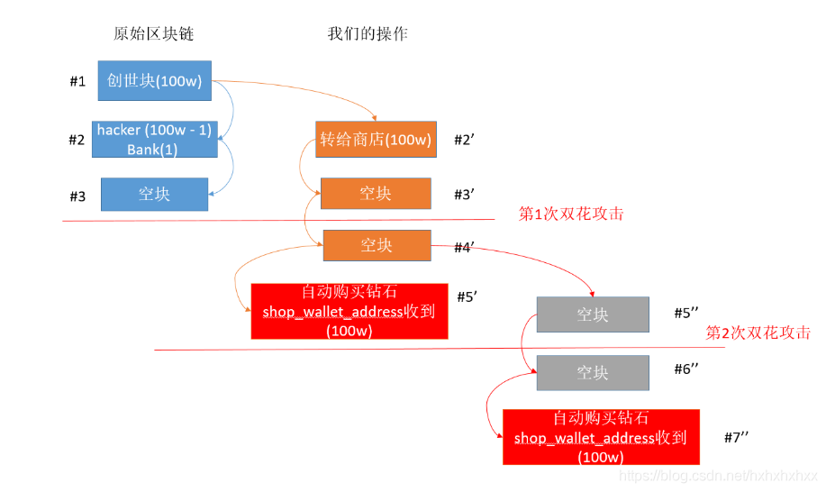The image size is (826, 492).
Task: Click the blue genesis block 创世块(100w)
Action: click(154, 81)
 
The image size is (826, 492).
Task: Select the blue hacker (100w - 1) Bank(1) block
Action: click(154, 140)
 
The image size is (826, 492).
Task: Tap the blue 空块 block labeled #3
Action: click(154, 194)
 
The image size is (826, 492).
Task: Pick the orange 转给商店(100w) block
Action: click(376, 140)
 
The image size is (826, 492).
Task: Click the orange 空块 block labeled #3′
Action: click(376, 193)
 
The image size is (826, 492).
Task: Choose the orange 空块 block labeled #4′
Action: click(377, 245)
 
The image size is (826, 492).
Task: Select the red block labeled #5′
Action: click(349, 312)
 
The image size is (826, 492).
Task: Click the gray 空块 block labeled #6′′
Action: click(593, 373)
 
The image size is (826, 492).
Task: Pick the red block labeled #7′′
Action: click(601, 437)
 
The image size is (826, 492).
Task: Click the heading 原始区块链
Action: click(154, 34)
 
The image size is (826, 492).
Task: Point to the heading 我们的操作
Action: click(368, 34)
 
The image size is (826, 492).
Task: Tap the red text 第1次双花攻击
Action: click(571, 214)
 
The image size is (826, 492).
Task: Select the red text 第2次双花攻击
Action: click(758, 333)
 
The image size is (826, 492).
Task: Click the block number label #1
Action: click(77, 82)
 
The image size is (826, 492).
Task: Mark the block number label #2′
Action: click(463, 140)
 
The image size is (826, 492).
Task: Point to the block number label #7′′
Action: click(737, 437)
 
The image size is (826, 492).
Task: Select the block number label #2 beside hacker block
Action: click(77, 140)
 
